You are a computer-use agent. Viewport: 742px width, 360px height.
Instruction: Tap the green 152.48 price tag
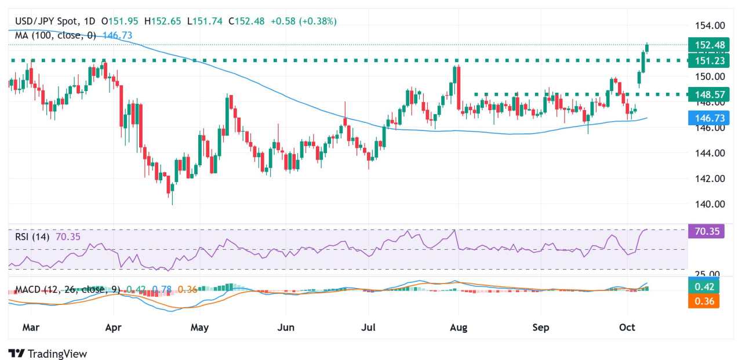point(703,45)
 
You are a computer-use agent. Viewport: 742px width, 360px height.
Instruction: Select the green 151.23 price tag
point(703,61)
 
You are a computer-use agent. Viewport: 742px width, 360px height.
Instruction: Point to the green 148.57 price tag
point(703,94)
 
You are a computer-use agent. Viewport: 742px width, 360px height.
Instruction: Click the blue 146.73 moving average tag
point(703,118)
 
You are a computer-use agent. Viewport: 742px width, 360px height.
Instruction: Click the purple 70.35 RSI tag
point(703,232)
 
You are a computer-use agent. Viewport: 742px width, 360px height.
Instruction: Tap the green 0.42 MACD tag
point(703,286)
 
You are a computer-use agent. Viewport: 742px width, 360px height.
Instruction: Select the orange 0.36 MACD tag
point(703,301)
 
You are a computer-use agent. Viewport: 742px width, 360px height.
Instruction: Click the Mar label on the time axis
point(30,328)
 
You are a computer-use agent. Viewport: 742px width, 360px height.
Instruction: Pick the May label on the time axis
point(199,328)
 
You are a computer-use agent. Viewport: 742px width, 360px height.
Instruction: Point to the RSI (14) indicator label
point(32,237)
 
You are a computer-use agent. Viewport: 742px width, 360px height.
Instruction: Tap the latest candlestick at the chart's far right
point(647,48)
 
